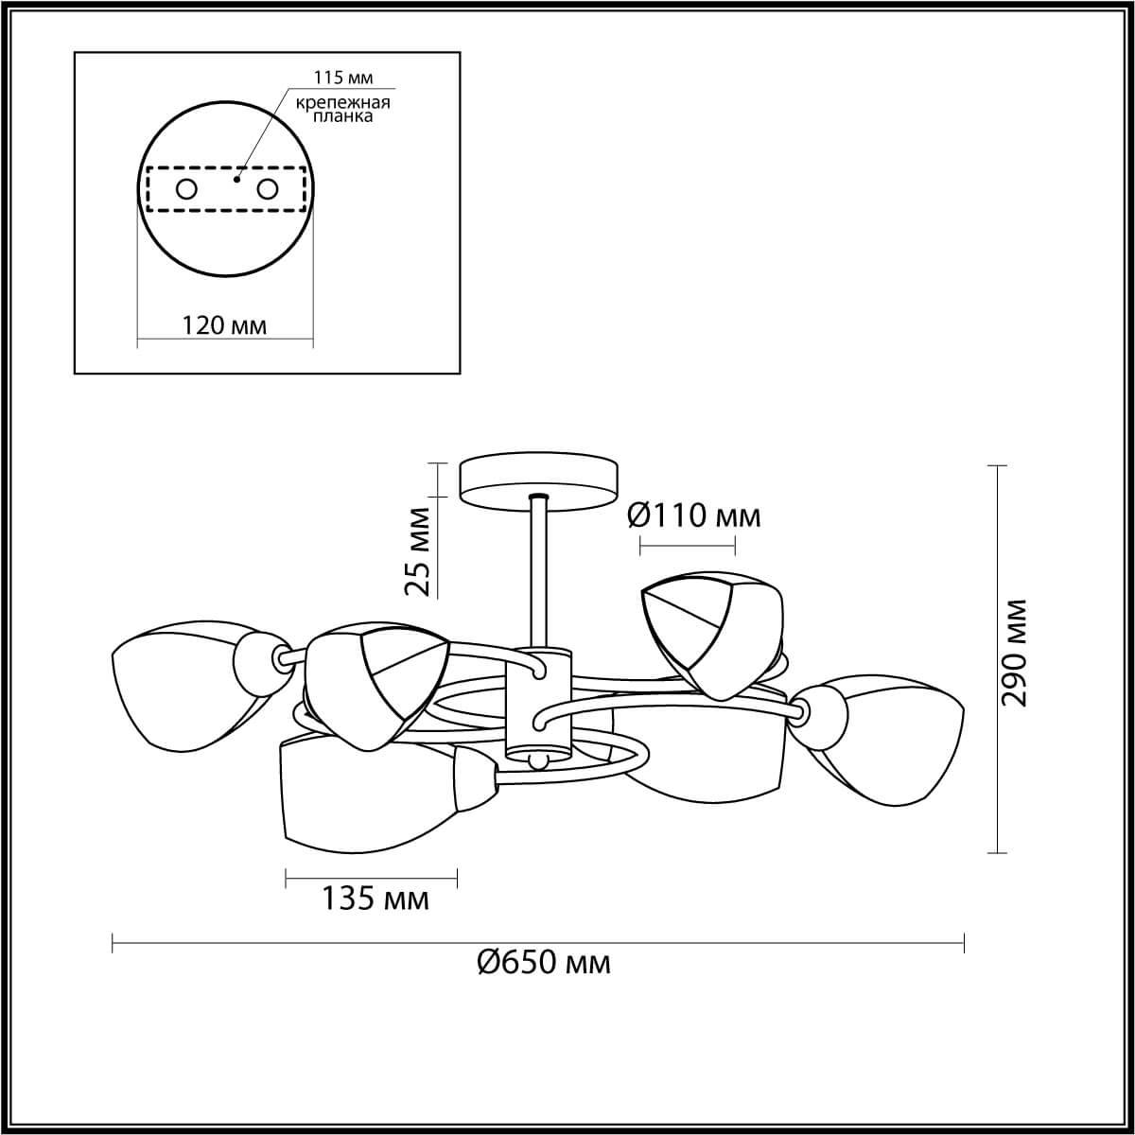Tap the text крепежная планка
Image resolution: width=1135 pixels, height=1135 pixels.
pos(342,110)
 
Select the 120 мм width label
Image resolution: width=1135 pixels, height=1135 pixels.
pos(224,326)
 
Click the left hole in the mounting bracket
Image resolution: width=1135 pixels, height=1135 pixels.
pos(186,189)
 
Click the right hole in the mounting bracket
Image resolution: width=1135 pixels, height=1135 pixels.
pos(268,189)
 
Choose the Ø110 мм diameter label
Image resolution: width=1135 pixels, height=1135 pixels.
pos(694,515)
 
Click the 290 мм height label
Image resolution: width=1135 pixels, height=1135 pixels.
pos(1015,653)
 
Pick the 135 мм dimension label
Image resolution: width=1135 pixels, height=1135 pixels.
pos(375,899)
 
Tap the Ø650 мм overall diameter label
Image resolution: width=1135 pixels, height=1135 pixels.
pos(544,963)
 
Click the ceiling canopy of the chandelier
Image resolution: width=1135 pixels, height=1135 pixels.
pos(537,481)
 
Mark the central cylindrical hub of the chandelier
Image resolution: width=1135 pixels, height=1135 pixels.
pos(538,705)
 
